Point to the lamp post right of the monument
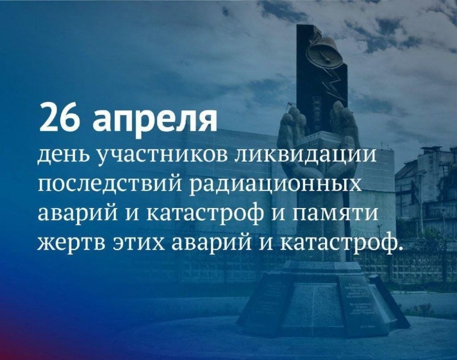pyautogui.click(x=420, y=201)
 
